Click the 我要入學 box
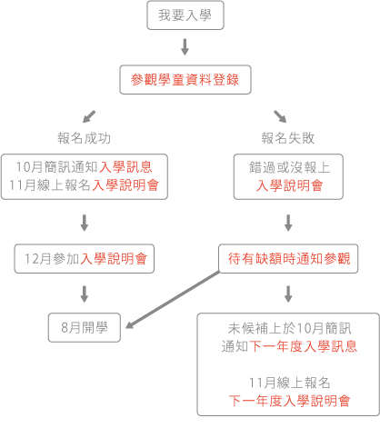pyautogui.click(x=185, y=15)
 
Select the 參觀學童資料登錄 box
pyautogui.click(x=185, y=80)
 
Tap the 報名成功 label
pyautogui.click(x=85, y=138)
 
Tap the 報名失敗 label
pyautogui.click(x=288, y=138)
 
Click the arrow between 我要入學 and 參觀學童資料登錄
pyautogui.click(x=185, y=47)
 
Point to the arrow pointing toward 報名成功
pyautogui.click(x=89, y=116)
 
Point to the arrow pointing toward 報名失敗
pyautogui.click(x=280, y=116)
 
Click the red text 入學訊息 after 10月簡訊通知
pyautogui.click(x=125, y=167)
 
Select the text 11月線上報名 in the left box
pyautogui.click(x=50, y=185)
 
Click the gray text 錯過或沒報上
pyautogui.click(x=289, y=167)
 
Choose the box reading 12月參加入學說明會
pyautogui.click(x=85, y=259)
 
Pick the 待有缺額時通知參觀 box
pyautogui.click(x=288, y=259)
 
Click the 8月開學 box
pyautogui.click(x=85, y=328)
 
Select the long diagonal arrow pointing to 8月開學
pyautogui.click(x=172, y=300)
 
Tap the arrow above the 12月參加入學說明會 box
pyautogui.click(x=85, y=223)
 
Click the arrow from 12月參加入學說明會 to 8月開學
pyautogui.click(x=85, y=294)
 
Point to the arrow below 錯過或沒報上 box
pyautogui.click(x=288, y=223)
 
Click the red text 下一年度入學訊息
pyautogui.click(x=303, y=346)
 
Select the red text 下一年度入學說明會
pyautogui.click(x=289, y=401)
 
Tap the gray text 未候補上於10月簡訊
pyautogui.click(x=289, y=328)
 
